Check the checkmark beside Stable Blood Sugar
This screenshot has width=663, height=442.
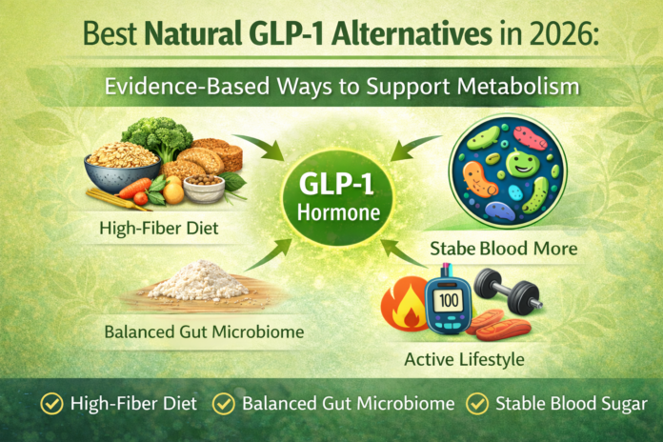[476, 404]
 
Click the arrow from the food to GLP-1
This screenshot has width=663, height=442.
[256, 144]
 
